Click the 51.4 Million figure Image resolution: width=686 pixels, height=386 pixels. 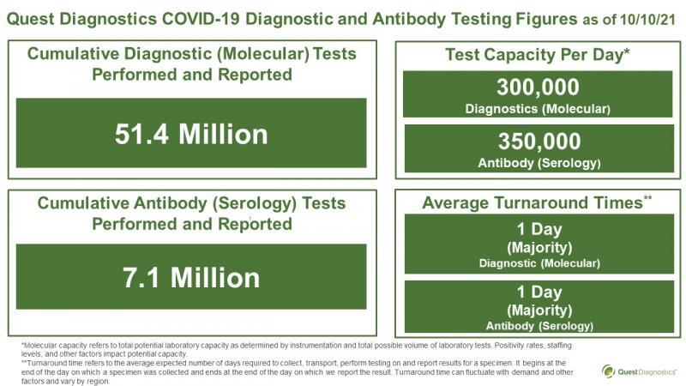pos(191,134)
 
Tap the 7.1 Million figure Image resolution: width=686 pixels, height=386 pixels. pos(191,278)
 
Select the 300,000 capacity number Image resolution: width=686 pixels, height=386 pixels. pos(538,87)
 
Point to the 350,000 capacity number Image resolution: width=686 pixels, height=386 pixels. pos(539,142)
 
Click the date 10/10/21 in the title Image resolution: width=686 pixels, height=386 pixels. pos(647,20)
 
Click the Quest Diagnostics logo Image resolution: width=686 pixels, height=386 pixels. pos(639,371)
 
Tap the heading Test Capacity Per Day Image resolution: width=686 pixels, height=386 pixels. pos(538,55)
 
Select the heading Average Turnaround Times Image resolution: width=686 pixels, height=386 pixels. pos(537,202)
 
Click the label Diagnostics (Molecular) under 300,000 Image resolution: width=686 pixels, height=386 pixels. pos(538,109)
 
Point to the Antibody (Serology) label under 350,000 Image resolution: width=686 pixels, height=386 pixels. pos(539,163)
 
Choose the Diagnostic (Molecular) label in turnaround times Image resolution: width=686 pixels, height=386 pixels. pos(539,263)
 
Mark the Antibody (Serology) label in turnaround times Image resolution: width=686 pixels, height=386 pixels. pos(539,326)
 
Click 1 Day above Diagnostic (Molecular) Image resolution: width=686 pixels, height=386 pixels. pos(539,229)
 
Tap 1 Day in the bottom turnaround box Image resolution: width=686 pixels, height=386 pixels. pos(539,292)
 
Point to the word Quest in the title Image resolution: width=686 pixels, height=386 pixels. pos(31,19)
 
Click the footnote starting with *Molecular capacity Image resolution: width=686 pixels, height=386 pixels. pos(296,350)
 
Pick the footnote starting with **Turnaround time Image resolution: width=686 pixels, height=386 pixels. pos(297,372)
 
